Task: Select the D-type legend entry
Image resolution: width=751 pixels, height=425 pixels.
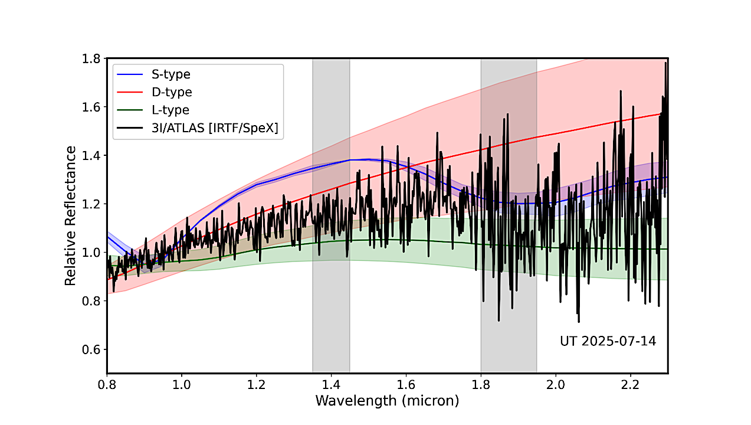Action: point(172,92)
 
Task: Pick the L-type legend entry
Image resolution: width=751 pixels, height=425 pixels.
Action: point(170,110)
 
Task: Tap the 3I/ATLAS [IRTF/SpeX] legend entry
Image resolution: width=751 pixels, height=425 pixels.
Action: point(215,127)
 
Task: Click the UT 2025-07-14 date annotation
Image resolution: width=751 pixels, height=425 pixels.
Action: point(608,341)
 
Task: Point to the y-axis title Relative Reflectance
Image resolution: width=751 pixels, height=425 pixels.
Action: point(70,215)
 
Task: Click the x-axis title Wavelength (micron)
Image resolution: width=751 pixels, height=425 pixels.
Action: point(387,401)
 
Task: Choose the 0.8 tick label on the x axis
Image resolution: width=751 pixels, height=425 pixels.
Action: point(107,384)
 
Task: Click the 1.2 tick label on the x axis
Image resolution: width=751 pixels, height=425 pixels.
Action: point(257,384)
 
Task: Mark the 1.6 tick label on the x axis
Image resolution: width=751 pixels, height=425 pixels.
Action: point(406,384)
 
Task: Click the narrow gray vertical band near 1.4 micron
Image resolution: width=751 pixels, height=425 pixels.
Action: point(331,283)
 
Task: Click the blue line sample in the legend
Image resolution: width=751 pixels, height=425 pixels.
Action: point(130,75)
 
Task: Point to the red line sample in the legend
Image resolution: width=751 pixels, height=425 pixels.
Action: point(130,92)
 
